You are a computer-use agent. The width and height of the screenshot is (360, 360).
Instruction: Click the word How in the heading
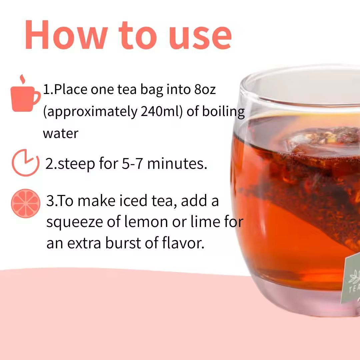66,35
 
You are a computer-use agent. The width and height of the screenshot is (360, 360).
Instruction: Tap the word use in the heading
200,38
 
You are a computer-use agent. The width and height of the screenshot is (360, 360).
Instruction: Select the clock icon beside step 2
25,163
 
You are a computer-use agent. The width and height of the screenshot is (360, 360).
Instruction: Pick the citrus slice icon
25,203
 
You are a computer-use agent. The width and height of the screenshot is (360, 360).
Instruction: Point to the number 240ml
161,111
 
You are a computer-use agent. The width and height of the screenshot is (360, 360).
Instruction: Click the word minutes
177,163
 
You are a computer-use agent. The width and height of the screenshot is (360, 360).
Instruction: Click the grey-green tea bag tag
351,279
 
